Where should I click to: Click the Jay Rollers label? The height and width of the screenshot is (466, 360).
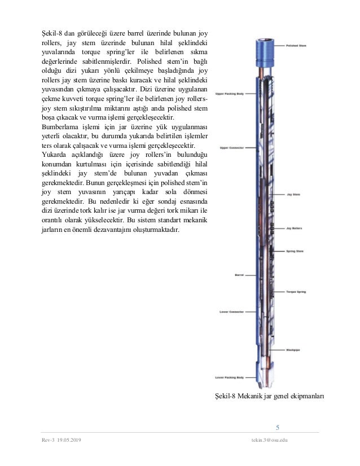pos(295,229)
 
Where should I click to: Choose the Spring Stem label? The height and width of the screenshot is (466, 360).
pos(295,250)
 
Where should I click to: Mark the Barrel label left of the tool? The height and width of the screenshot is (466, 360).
pos(239,275)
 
